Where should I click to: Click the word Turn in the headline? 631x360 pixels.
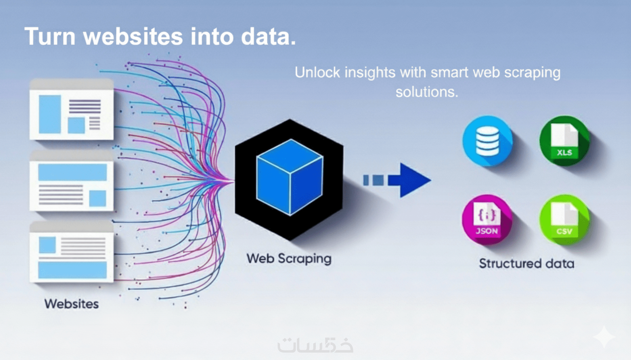[50, 36]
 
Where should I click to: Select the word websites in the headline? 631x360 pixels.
[133, 36]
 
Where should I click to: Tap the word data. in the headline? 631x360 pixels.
[268, 36]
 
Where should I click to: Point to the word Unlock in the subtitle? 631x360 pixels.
[317, 72]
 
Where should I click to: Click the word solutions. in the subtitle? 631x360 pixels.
[427, 92]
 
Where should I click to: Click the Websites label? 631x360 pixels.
[72, 304]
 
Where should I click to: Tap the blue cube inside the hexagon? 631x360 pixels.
[290, 177]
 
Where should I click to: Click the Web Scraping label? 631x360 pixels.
[289, 259]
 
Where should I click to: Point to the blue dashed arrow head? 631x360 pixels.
[414, 180]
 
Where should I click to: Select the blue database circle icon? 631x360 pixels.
[487, 141]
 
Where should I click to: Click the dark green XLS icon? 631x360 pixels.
[564, 141]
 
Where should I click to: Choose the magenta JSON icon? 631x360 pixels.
[487, 220]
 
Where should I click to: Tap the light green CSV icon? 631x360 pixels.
[564, 220]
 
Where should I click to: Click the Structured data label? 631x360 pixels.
[526, 264]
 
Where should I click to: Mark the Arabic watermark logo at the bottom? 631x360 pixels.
[315, 345]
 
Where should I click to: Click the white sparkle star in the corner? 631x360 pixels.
[604, 337]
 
